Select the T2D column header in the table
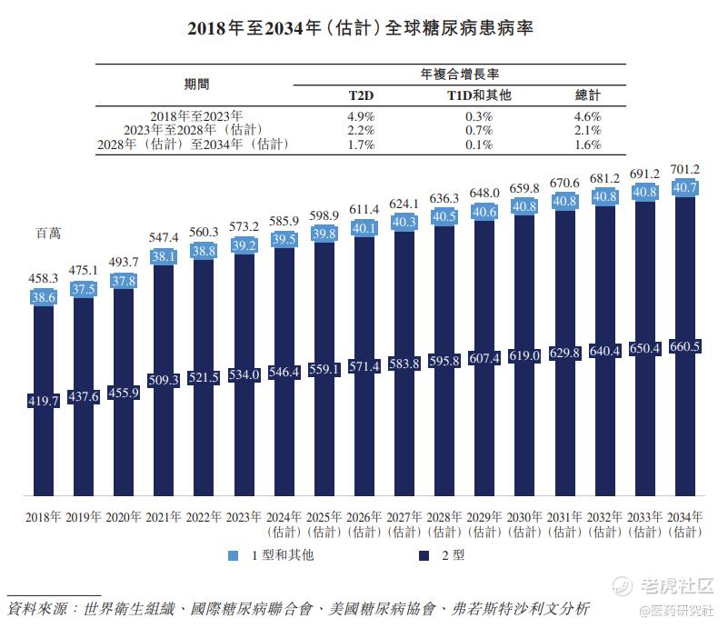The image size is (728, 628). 361,95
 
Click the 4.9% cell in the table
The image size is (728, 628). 361,116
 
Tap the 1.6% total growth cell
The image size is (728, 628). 588,145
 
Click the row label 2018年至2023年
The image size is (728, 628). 196,116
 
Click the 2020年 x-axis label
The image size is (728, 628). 125,517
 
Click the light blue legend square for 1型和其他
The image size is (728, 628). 234,555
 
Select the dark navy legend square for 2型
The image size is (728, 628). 424,555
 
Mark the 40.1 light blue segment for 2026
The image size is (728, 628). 365,228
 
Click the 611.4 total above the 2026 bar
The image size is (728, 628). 365,208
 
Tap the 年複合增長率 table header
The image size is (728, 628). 459,73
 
